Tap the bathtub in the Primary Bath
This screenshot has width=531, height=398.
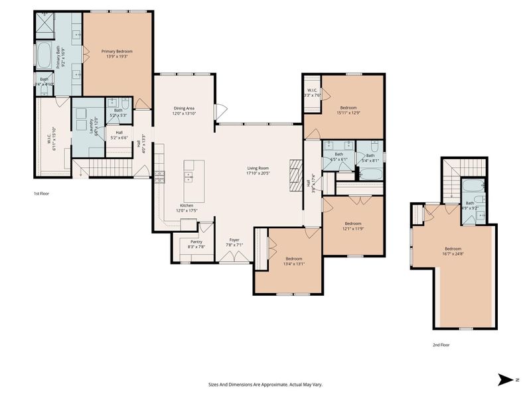[x=44, y=57]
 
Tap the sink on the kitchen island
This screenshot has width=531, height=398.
[x=189, y=176]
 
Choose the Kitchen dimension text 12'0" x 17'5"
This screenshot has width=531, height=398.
[x=187, y=211]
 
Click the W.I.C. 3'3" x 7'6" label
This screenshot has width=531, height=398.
[x=313, y=92]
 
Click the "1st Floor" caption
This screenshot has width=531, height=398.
[x=42, y=194]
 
